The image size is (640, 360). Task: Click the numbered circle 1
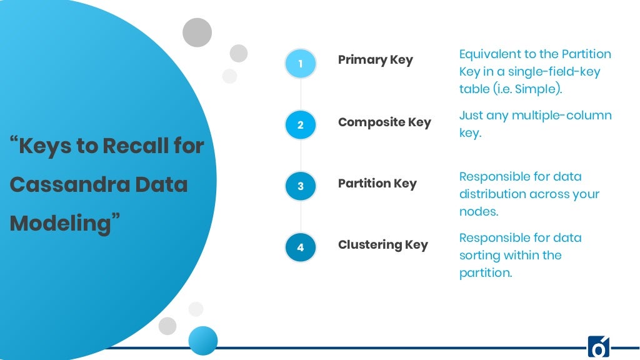301,64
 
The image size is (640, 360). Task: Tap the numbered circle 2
301,125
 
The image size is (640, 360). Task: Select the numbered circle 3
301,186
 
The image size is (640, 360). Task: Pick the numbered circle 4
301,247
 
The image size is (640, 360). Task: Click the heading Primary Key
375,60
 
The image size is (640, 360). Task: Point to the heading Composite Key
384,122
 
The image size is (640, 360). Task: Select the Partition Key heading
377,184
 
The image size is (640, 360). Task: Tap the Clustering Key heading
382,245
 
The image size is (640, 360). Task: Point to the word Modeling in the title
60,223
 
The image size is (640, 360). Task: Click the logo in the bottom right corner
598,347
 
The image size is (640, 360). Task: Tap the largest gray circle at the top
197,32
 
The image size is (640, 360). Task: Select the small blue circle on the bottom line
203,341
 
